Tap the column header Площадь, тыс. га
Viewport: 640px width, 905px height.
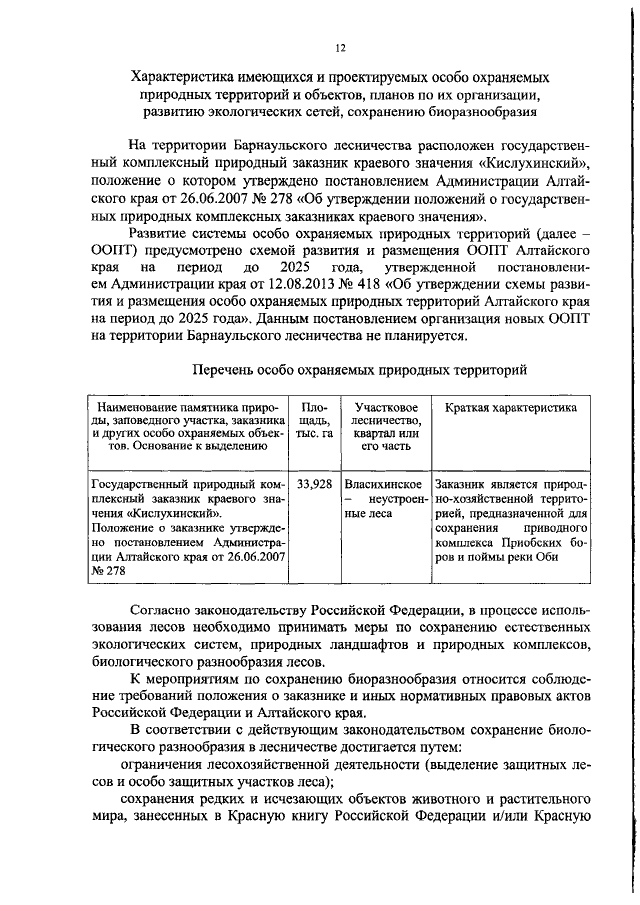[313, 421]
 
